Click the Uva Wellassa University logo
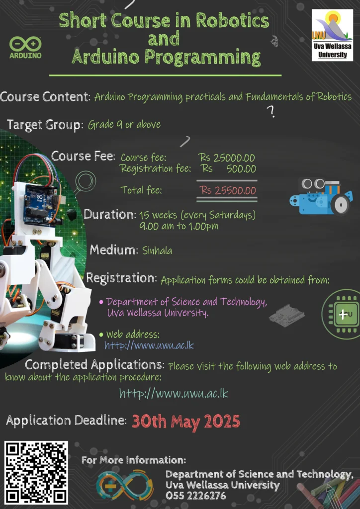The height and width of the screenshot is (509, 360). point(332,35)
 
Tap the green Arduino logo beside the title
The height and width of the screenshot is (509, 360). point(25,47)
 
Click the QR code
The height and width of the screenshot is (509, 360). point(36,472)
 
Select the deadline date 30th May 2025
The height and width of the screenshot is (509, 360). point(186,422)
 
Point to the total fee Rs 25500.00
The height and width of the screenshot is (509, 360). point(228,190)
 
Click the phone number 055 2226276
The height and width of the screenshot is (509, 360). point(196,496)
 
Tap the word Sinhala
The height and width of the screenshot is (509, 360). point(157,251)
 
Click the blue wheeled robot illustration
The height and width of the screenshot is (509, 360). point(321,196)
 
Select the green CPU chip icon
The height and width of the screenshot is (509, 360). point(341,314)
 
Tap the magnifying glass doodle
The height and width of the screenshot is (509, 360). point(85,182)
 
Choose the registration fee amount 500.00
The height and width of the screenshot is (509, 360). point(241,169)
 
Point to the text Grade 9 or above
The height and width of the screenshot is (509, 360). point(124,124)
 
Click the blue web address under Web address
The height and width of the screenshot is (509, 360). point(149,345)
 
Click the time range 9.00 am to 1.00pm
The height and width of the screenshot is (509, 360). point(179,226)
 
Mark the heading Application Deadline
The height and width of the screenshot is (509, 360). point(67,421)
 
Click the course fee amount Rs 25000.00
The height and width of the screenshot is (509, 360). point(227,158)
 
